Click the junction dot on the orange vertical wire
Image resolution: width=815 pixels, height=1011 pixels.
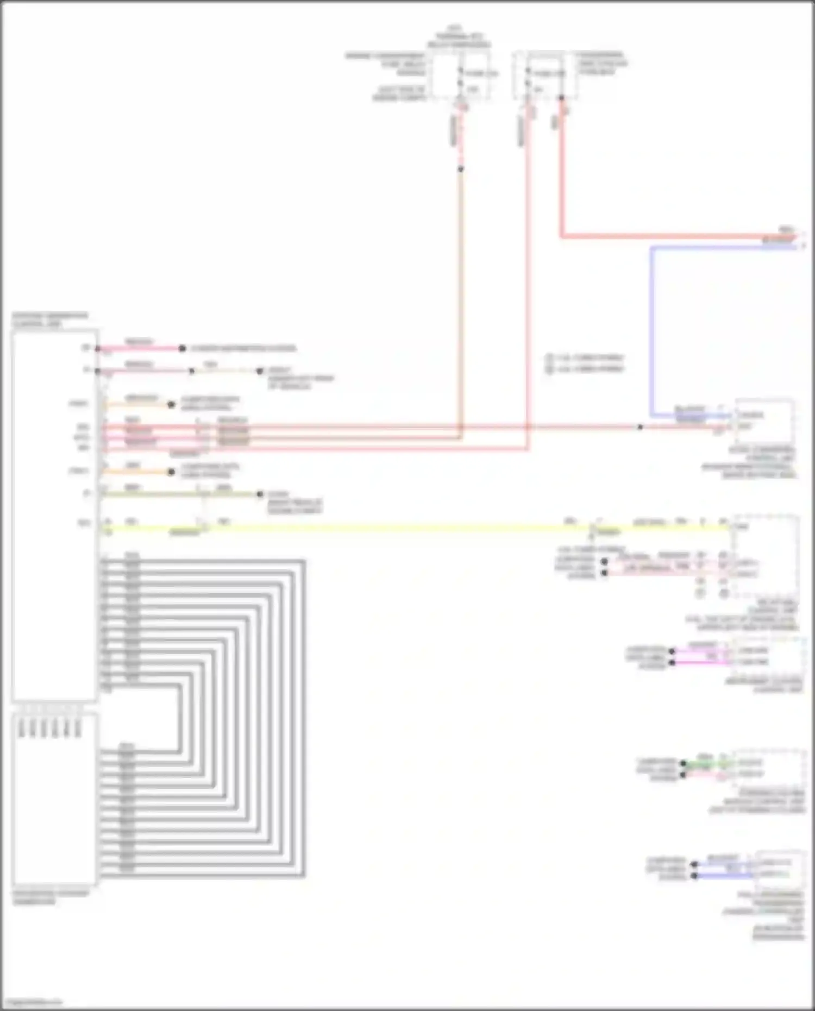point(461,169)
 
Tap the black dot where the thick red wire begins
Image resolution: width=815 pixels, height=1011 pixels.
point(561,98)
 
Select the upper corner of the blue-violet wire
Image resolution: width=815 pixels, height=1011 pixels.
point(652,248)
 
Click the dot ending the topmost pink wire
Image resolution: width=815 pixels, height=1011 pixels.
point(183,348)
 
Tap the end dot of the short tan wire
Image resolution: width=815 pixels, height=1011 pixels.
point(260,371)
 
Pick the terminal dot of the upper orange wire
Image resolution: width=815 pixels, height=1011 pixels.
point(171,405)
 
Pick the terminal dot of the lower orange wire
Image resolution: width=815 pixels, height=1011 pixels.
point(171,472)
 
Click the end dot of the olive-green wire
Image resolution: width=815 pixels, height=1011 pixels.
point(260,494)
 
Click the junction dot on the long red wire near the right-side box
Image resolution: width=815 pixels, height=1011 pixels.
point(640,428)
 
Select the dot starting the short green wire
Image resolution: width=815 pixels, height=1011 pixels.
point(684,763)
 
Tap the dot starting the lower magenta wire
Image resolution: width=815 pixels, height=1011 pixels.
point(672,663)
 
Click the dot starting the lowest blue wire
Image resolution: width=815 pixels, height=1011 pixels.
point(694,876)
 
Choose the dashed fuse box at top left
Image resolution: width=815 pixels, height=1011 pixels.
point(461,76)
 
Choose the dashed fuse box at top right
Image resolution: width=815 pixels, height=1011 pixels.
point(545,76)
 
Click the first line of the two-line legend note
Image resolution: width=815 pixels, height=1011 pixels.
point(586,358)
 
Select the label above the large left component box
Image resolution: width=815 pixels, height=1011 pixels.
point(50,320)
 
